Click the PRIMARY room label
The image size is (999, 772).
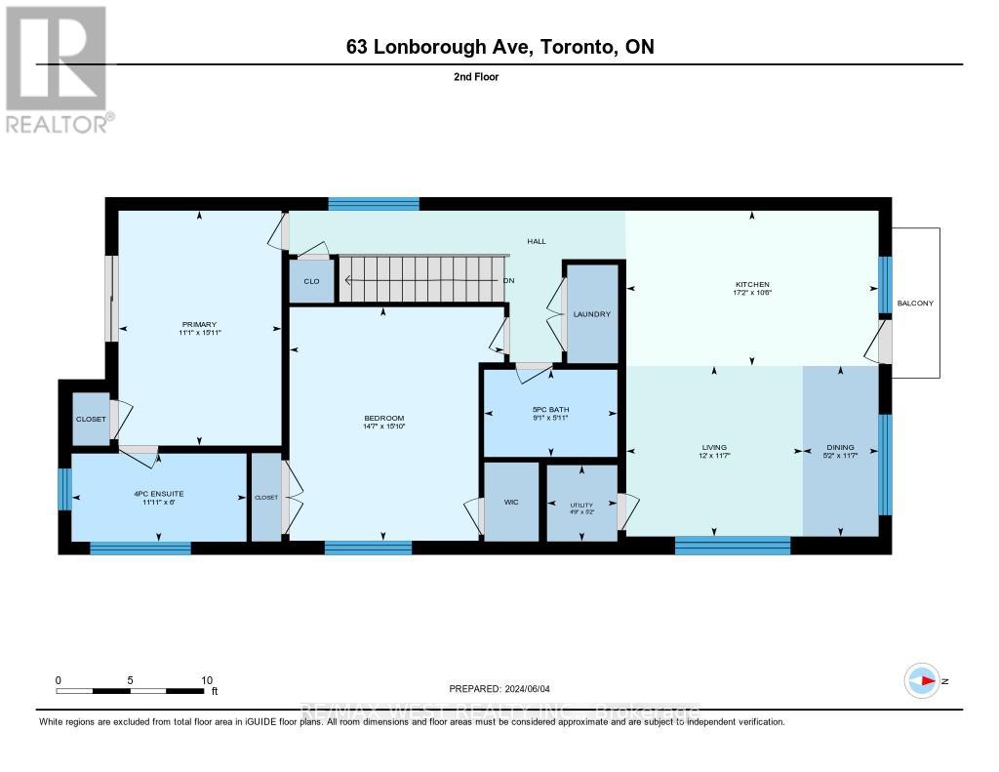pos(198,324)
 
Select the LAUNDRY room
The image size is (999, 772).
pos(592,314)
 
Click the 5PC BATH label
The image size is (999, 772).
pos(551,410)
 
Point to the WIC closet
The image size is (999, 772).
pos(511,502)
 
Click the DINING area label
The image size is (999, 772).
pos(840,448)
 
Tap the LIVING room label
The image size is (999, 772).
pos(714,448)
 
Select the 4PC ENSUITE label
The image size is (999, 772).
pos(159,494)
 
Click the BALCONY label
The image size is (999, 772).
pos(915,304)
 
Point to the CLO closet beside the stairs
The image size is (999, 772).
pos(311,282)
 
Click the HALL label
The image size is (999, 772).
pos(538,241)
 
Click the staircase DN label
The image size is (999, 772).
pos(508,281)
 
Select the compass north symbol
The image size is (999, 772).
pos(922,680)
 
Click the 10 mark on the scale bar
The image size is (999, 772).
pos(207,679)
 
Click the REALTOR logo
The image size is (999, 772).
pos(56,68)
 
